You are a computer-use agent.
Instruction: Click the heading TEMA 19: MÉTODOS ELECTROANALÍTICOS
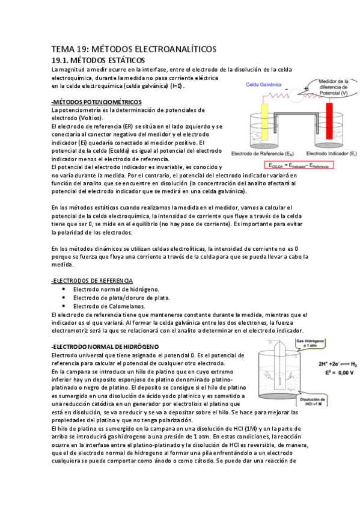click(x=133, y=49)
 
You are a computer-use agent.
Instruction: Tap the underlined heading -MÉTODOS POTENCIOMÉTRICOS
click(x=97, y=102)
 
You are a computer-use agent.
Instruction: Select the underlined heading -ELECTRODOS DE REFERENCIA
click(x=93, y=281)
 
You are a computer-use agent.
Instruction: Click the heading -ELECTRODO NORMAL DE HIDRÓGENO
click(x=105, y=347)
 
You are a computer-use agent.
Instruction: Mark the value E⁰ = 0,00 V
click(x=334, y=373)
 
